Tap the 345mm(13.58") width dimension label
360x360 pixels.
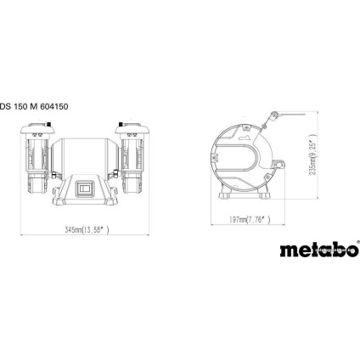(87, 230)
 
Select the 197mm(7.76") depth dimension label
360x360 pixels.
(251, 220)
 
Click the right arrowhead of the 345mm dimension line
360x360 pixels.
(151, 235)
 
